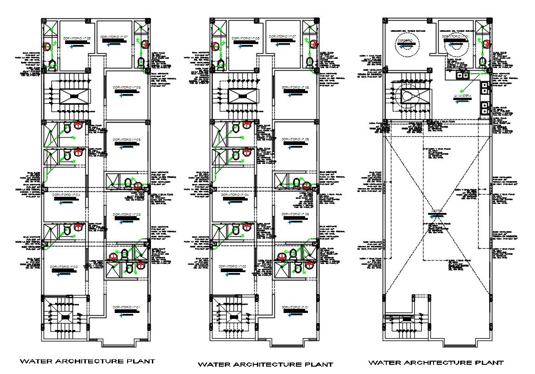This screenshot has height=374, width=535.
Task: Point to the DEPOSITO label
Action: click(x=405, y=41)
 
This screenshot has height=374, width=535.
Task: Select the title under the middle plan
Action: click(x=265, y=365)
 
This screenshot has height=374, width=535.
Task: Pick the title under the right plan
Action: click(x=436, y=363)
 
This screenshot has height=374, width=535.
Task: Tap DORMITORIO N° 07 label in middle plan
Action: click(x=283, y=36)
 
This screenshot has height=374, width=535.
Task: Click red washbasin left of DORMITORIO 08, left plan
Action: click(x=47, y=47)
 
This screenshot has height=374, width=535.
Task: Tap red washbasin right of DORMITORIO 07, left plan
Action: click(x=145, y=45)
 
